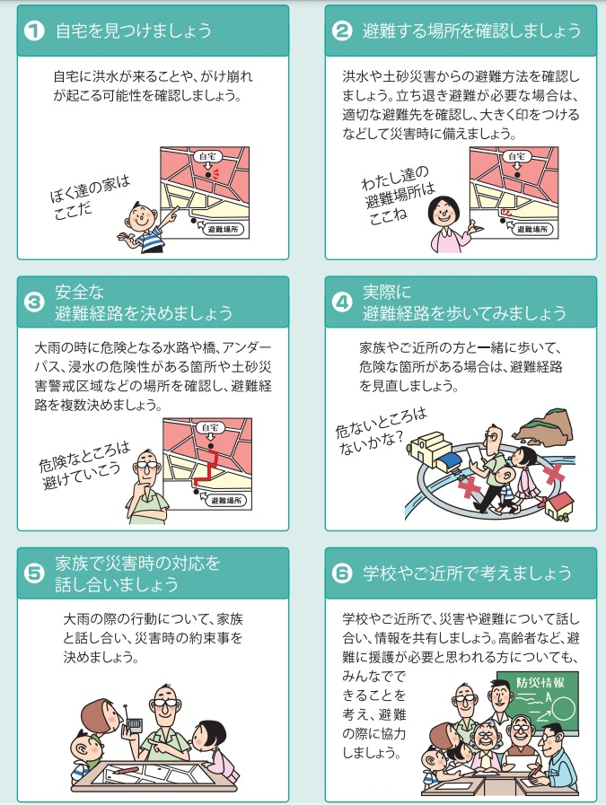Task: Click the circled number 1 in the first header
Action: coord(34,31)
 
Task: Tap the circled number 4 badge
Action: coord(342,302)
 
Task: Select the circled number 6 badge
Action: coord(342,573)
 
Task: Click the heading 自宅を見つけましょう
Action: coord(134,31)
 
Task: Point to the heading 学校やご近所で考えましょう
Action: coord(467,573)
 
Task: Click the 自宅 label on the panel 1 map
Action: coord(207,156)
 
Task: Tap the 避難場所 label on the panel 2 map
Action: coord(532,229)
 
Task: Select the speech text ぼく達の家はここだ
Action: coord(90,197)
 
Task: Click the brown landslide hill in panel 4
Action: coord(544,425)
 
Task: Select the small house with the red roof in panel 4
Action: coord(558,506)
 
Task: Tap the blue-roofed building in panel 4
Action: coord(448,461)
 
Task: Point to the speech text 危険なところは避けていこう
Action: coord(83,466)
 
